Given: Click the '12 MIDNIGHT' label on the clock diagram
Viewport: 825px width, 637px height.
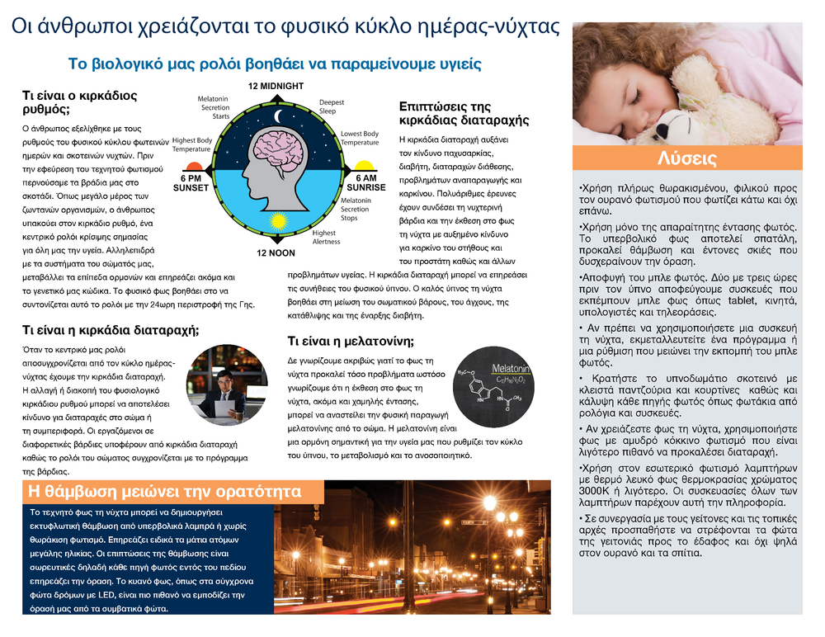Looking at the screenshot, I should pos(276,86).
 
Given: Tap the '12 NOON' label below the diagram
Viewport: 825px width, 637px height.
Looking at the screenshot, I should pos(276,252).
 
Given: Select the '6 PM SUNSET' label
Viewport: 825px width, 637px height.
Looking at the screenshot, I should pos(191,183).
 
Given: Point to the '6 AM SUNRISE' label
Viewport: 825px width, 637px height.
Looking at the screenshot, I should pos(366,183).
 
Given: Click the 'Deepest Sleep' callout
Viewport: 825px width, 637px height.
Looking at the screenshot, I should pos(332,106).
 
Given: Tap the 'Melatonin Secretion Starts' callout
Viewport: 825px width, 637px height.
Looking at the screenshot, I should pos(214,107).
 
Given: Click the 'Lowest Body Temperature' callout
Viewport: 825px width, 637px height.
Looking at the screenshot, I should pos(360,138).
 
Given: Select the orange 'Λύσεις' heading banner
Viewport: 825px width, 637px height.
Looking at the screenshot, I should pos(687,158).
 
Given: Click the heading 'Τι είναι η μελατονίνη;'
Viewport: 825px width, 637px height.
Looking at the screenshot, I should pos(351,341).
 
